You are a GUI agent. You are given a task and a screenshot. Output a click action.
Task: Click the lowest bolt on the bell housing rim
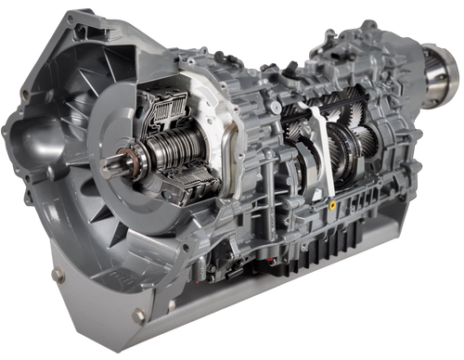[138, 315]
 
